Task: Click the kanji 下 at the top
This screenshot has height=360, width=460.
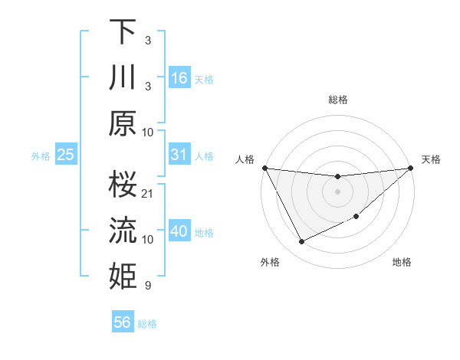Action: pyautogui.click(x=123, y=32)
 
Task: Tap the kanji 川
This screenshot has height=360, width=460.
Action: pyautogui.click(x=123, y=77)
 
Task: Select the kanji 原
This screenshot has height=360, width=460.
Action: pyautogui.click(x=123, y=123)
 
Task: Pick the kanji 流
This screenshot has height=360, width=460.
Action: pyautogui.click(x=123, y=231)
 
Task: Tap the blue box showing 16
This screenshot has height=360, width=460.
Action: pyautogui.click(x=179, y=77)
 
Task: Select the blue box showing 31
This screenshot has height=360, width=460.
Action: pyautogui.click(x=179, y=155)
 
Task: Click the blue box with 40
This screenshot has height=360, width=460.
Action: pyautogui.click(x=179, y=231)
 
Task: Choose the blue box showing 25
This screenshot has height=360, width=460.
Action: pyautogui.click(x=66, y=155)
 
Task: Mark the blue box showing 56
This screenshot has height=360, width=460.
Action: pyautogui.click(x=123, y=322)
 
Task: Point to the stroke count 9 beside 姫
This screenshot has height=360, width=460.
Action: pyautogui.click(x=147, y=286)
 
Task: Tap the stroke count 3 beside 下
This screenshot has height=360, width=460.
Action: pyautogui.click(x=147, y=39)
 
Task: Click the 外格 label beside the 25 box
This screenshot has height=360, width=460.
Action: pyautogui.click(x=41, y=156)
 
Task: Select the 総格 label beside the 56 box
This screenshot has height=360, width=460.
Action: pyautogui.click(x=147, y=324)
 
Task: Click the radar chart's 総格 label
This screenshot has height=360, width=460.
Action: pyautogui.click(x=337, y=100)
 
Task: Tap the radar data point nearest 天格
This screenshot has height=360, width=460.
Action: pyautogui.click(x=412, y=168)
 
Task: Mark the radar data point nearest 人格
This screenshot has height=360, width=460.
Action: pyautogui.click(x=264, y=168)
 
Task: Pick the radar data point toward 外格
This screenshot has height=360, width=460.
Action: pyautogui.click(x=301, y=242)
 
